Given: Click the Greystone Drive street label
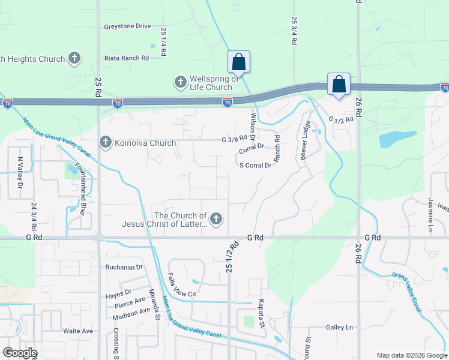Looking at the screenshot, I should click(127, 26).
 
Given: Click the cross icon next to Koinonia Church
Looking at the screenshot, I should click(106, 143).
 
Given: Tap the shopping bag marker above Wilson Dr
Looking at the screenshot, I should click(238, 62).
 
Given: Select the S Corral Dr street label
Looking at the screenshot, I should click(256, 166).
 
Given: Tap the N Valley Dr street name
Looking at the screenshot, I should click(20, 173).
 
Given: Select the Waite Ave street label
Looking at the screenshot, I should click(78, 331).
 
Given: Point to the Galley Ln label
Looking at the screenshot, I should click(339, 327).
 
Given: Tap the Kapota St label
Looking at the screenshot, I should click(262, 313).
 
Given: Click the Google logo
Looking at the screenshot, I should click(19, 353).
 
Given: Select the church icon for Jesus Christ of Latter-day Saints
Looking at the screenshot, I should click(216, 220).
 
